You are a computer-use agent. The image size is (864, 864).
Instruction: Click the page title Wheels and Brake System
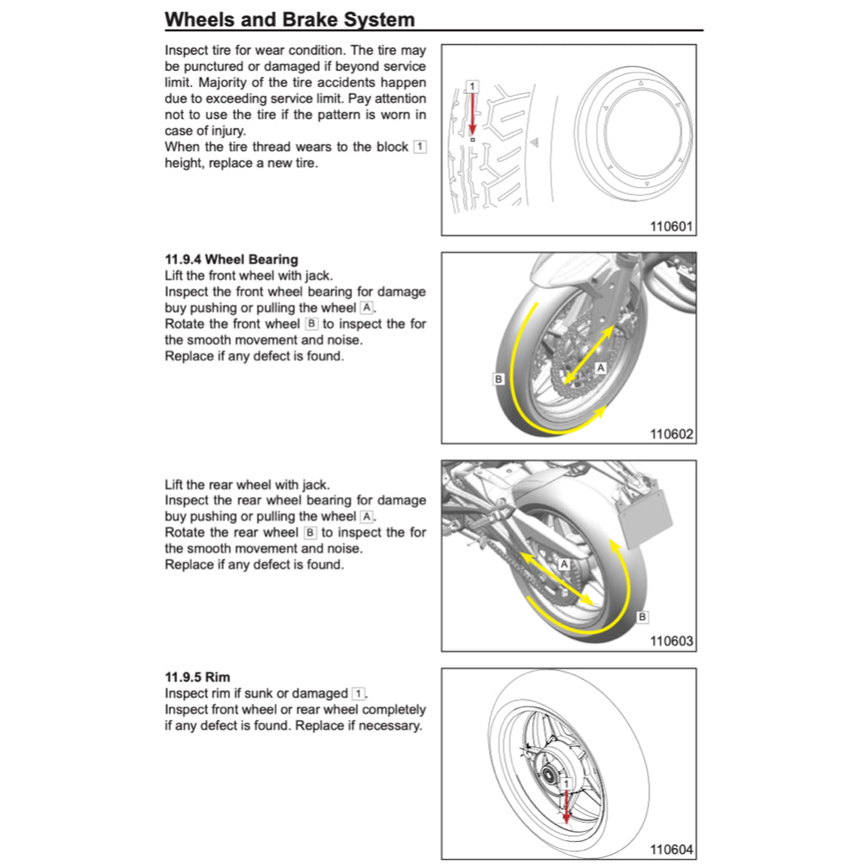click(289, 19)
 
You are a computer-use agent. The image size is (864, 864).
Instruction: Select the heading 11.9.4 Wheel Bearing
click(231, 259)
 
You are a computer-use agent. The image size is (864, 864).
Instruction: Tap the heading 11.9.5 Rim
click(197, 677)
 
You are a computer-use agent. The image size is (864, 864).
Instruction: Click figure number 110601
click(671, 226)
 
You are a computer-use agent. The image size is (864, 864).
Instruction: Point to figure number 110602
click(671, 435)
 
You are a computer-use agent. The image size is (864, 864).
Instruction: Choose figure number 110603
click(671, 641)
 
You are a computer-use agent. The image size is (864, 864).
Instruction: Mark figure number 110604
click(671, 850)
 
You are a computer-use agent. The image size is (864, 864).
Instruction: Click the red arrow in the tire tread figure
click(472, 114)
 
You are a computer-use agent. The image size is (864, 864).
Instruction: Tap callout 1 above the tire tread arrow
click(472, 86)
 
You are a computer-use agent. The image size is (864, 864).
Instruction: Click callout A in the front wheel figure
click(601, 368)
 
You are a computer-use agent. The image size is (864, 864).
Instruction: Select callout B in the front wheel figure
click(499, 380)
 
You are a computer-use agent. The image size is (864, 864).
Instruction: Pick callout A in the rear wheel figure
click(564, 563)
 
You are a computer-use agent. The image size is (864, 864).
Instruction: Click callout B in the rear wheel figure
click(642, 618)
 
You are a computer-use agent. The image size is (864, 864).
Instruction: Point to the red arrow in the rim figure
click(566, 806)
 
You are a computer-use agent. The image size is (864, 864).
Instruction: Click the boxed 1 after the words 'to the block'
click(419, 147)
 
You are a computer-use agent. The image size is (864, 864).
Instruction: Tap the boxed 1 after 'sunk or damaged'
click(359, 694)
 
